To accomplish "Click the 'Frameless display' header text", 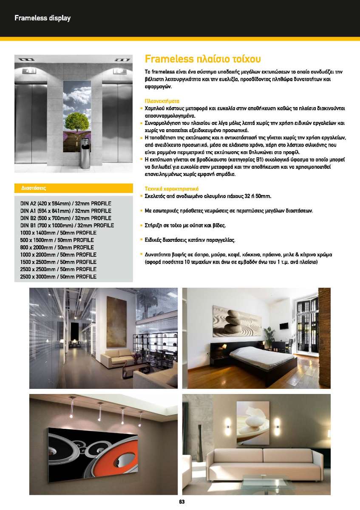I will pos(43,18).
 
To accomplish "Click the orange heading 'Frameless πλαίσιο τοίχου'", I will pos(203,59).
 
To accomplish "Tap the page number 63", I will pos(182,502).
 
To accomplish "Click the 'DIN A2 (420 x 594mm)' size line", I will pos(65,204).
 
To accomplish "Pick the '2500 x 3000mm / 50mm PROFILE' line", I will pos(58,277).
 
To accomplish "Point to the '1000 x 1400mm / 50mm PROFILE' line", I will pos(58,233).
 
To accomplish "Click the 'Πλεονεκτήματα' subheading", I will pos(162,102).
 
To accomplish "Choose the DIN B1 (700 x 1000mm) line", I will pos(67,226).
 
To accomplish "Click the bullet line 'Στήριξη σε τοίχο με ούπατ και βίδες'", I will pos(185,225).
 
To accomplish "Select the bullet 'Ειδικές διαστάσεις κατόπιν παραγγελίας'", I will pos(190,240).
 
